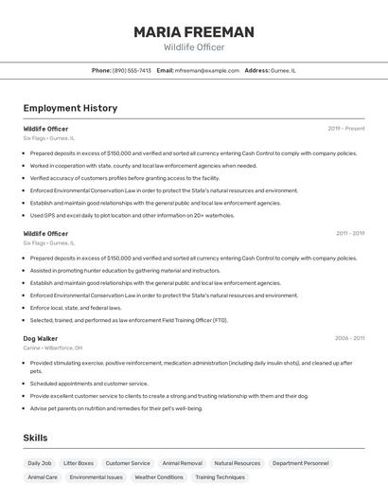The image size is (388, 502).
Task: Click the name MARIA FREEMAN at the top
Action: (193, 32)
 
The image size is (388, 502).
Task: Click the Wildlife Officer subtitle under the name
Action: (193, 47)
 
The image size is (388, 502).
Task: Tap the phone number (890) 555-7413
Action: (132, 70)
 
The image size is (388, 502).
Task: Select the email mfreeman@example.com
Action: (207, 70)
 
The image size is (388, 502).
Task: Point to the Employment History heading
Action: (70, 108)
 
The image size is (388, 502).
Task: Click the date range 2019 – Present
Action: (345, 128)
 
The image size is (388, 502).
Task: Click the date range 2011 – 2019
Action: (349, 233)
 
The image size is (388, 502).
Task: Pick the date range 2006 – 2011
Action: (349, 338)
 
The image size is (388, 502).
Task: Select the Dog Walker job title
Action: (41, 338)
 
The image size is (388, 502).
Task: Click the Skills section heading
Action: (35, 438)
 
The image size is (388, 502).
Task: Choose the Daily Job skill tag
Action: (40, 463)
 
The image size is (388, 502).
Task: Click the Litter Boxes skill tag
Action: (79, 463)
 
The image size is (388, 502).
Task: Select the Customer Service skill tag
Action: (128, 463)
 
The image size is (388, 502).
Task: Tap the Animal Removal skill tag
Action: (182, 463)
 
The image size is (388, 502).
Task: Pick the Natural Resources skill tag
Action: (237, 463)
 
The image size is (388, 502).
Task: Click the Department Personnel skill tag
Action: (300, 463)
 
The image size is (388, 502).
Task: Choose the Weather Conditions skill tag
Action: (159, 477)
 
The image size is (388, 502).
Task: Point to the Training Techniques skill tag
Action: (220, 477)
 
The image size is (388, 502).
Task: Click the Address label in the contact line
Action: (256, 70)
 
